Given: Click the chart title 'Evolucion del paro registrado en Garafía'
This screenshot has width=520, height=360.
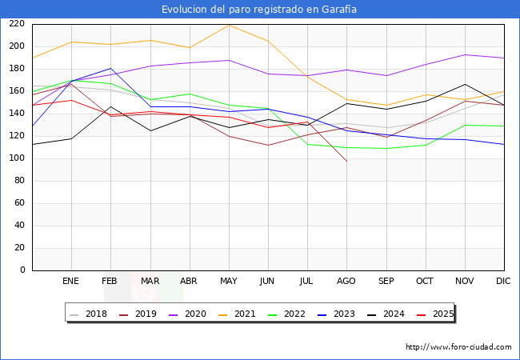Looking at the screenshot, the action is coord(259,10).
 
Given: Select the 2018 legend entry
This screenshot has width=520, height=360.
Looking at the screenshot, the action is coord(89,314).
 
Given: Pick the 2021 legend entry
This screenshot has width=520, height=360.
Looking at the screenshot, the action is coord(237,314).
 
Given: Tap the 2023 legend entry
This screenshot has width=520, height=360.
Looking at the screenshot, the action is coord(336,314).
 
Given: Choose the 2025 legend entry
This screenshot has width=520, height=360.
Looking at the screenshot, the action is coord(435,314).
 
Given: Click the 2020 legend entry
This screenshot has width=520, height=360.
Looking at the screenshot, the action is coord(188,314).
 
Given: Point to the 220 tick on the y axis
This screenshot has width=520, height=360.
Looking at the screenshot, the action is coord(17,24).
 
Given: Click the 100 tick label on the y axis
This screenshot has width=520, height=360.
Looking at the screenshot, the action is coord(17,158).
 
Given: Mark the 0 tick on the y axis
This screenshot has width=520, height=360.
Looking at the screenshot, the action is coord(22,270).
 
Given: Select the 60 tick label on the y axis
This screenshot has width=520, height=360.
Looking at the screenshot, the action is coord(19,203).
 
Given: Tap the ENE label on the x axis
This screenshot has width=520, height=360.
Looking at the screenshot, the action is coord(70,281).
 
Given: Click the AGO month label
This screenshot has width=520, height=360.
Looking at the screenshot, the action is coord(346,281).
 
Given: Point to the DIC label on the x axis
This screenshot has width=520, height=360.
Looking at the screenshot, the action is coord(503,281).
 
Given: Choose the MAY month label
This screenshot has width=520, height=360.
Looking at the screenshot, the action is coord(229,281).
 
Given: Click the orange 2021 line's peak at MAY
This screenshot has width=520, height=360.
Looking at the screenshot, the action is coord(229,25).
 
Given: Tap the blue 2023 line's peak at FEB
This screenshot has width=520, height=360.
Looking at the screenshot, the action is coord(110,68).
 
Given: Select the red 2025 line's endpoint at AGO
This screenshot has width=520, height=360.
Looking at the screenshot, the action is coord(347,161).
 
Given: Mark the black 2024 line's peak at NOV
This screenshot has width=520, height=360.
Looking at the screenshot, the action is coord(466,84).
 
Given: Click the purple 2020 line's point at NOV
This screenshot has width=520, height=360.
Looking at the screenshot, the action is coord(466,54).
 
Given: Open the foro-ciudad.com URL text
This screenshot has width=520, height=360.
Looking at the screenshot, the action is coord(458,347).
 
